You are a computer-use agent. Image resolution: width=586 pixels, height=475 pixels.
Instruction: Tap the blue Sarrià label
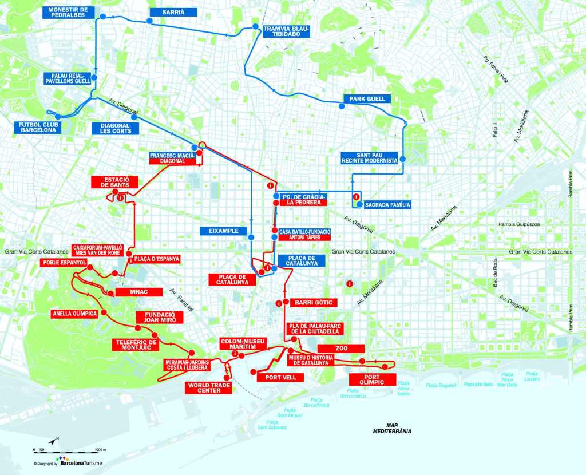[173, 12]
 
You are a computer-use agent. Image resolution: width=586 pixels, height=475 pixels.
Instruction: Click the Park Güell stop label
[367, 98]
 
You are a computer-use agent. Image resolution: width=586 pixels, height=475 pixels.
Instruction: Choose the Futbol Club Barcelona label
[37, 127]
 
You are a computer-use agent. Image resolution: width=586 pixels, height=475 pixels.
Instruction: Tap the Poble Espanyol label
[64, 263]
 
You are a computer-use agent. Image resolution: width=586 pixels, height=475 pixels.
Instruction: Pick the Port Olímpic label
[372, 379]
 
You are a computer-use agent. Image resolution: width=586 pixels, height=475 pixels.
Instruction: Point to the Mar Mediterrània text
[391, 429]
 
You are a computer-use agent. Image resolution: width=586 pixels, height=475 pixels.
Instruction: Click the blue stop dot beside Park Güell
[342, 106]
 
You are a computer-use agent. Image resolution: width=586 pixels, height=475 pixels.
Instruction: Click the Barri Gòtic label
[311, 302]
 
